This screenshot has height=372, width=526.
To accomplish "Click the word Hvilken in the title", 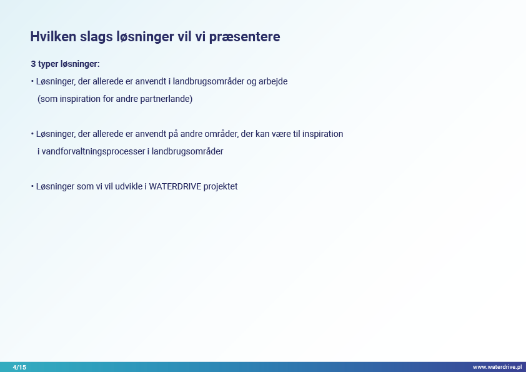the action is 53,37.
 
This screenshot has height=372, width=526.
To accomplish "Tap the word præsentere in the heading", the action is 244,37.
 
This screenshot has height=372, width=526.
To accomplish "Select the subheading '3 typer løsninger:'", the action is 66,64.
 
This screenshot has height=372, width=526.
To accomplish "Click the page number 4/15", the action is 19,367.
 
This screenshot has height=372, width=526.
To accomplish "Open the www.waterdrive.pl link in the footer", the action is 497,367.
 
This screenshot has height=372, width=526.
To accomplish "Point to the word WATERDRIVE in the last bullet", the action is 175,187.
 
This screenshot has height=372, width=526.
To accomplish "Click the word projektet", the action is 221,187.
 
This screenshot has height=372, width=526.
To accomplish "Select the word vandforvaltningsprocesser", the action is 94,151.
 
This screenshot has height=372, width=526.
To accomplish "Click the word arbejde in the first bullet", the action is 273,81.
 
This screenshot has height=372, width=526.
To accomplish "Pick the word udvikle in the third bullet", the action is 129,187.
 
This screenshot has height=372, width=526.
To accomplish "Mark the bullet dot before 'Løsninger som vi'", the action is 32,186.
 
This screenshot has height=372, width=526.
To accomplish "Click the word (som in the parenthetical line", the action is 47,99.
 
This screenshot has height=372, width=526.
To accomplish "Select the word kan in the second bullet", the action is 262,134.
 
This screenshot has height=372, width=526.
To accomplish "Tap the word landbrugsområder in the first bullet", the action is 209,81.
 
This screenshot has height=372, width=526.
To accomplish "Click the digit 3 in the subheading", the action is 33,64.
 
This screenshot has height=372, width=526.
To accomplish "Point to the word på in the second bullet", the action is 173,134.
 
